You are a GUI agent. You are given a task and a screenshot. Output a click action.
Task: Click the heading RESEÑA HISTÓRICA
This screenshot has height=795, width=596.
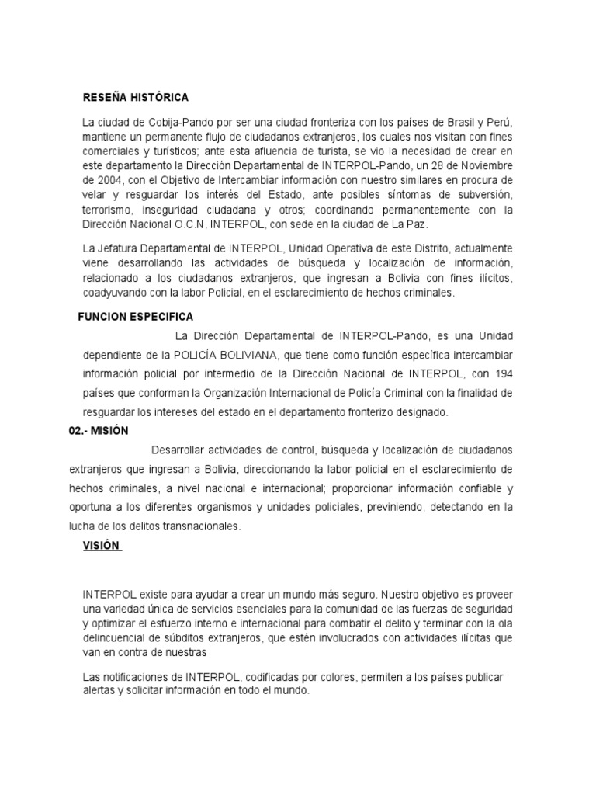(x=136, y=98)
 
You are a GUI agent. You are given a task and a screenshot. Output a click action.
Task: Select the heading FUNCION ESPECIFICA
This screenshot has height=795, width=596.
(x=136, y=317)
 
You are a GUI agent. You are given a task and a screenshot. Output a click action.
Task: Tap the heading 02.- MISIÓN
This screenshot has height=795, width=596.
(x=98, y=430)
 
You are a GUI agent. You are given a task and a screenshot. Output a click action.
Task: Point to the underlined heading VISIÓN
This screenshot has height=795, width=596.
(x=102, y=545)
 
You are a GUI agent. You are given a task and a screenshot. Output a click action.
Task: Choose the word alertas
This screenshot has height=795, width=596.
(x=102, y=691)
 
